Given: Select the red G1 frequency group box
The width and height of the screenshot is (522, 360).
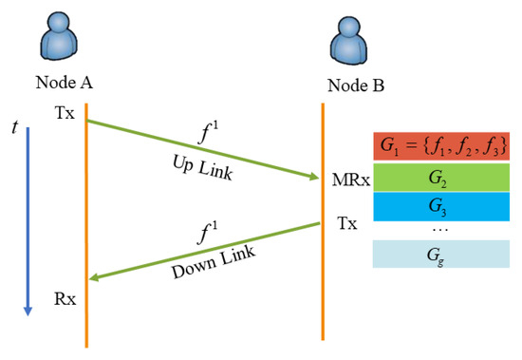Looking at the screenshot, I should pos(439,147).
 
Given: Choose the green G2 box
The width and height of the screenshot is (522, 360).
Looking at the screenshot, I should pos(439,178).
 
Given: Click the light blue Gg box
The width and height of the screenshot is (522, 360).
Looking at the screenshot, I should pos(439,255).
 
